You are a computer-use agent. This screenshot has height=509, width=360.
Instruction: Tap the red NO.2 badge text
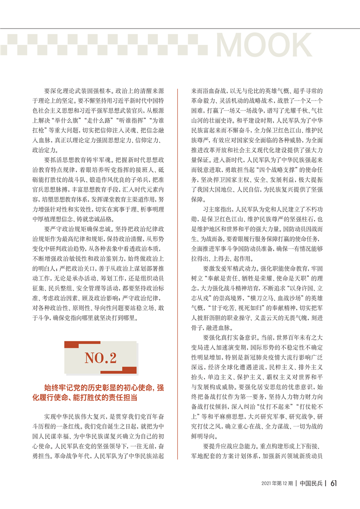pos(100,358)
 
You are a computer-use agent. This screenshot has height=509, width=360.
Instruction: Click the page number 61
pos(333,483)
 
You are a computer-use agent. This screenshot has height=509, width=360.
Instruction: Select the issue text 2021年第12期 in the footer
pos(277,484)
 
